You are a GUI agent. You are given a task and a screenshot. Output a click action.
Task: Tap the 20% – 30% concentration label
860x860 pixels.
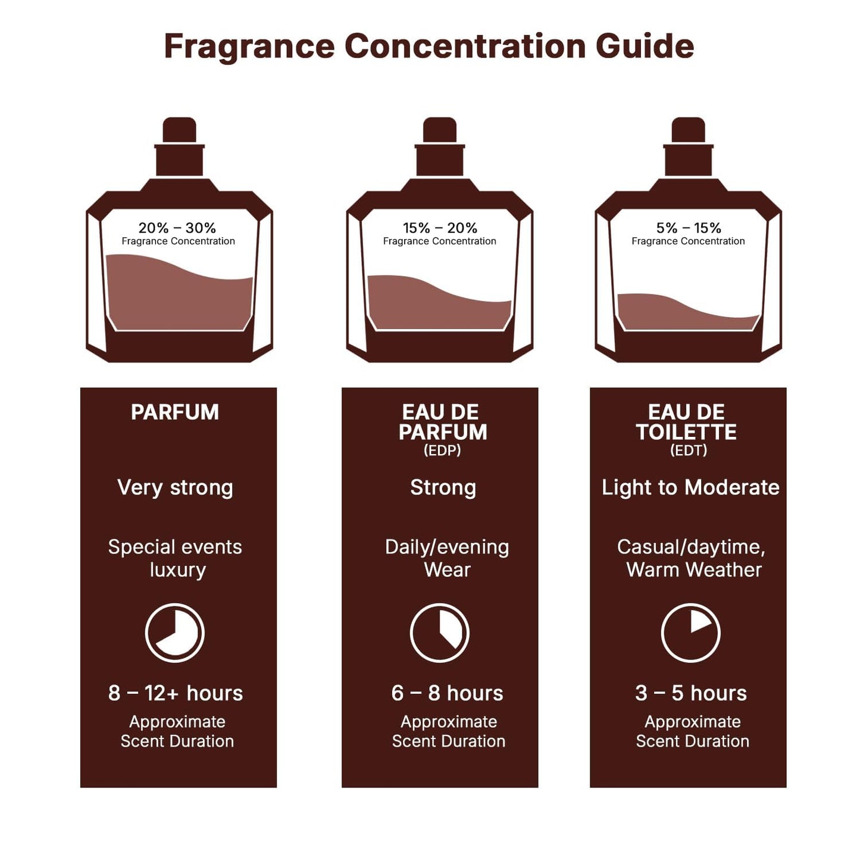pos(177,228)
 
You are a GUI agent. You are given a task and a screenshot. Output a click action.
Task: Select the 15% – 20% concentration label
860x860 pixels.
pos(440,228)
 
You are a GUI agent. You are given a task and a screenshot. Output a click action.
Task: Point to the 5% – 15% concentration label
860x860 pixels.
pos(689,228)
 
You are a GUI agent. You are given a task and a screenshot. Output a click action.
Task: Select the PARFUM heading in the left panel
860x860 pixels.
pos(175,412)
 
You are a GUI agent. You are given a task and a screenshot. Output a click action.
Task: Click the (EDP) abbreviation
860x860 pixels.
pos(442,451)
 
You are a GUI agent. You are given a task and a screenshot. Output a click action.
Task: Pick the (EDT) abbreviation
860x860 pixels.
pos(689,451)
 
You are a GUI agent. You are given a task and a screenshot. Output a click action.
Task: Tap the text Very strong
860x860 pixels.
pos(175,487)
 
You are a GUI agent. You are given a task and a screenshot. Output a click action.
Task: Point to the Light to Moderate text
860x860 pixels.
pos(690,487)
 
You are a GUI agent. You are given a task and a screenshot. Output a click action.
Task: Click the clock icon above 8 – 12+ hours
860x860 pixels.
pos(175,633)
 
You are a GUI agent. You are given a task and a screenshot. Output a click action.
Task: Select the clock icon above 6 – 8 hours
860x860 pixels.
pos(440,633)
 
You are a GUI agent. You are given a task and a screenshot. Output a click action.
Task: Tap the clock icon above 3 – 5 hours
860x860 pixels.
pos(690,633)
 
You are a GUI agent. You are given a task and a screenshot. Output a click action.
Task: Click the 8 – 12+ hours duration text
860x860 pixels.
pos(176,693)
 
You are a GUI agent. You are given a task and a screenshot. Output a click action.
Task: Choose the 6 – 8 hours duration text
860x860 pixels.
pos(447,693)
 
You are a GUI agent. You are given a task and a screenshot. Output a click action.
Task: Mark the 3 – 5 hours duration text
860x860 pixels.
pos(690,693)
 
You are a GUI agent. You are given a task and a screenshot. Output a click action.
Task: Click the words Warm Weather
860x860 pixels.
pos(694,570)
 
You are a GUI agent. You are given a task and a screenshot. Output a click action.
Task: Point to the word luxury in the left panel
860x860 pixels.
pos(177,570)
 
